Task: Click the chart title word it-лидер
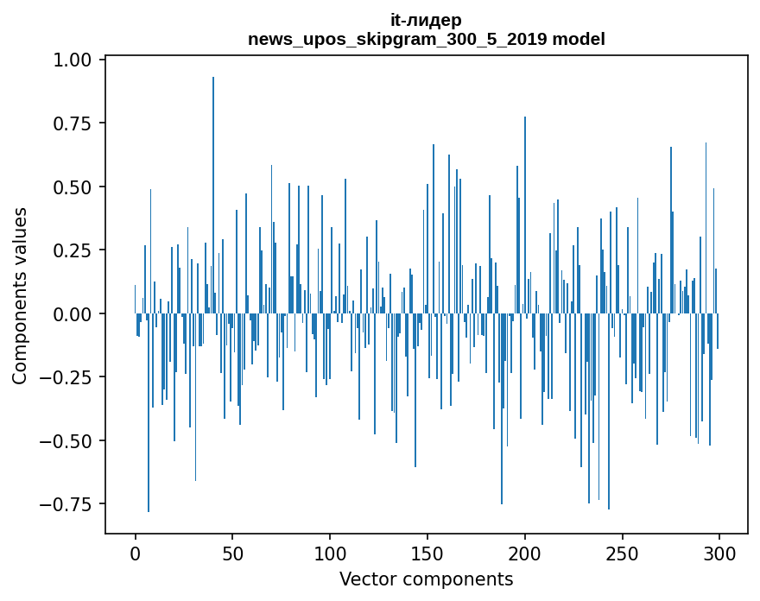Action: click(x=426, y=20)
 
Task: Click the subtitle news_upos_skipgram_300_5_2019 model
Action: click(x=426, y=39)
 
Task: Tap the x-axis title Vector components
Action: click(x=426, y=579)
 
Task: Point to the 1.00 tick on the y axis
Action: click(x=73, y=60)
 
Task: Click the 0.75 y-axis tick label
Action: click(x=73, y=123)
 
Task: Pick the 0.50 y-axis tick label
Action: click(x=73, y=187)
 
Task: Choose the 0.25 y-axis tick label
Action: click(x=73, y=250)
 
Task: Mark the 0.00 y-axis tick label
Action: click(x=73, y=314)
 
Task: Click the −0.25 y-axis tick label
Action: click(x=68, y=377)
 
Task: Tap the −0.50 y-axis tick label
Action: click(x=68, y=441)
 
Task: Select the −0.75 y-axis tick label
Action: click(x=68, y=504)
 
